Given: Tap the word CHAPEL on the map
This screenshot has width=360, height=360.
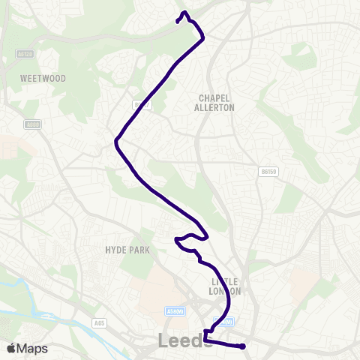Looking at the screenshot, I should click(215, 97).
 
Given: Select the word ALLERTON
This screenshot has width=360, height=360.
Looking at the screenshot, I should click(215, 108).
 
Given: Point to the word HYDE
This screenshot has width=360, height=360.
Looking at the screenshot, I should click(116, 250).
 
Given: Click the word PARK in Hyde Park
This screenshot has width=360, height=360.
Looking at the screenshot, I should click(138, 250).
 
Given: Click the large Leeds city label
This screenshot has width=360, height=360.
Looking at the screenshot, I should click(181, 341).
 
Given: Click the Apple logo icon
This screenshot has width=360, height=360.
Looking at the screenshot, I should click(11, 349).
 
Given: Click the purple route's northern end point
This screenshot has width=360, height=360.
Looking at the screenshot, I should click(178, 21).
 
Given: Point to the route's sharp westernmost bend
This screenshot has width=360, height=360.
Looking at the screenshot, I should click(115, 140).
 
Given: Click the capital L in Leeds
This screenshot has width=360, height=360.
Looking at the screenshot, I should click(163, 341).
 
